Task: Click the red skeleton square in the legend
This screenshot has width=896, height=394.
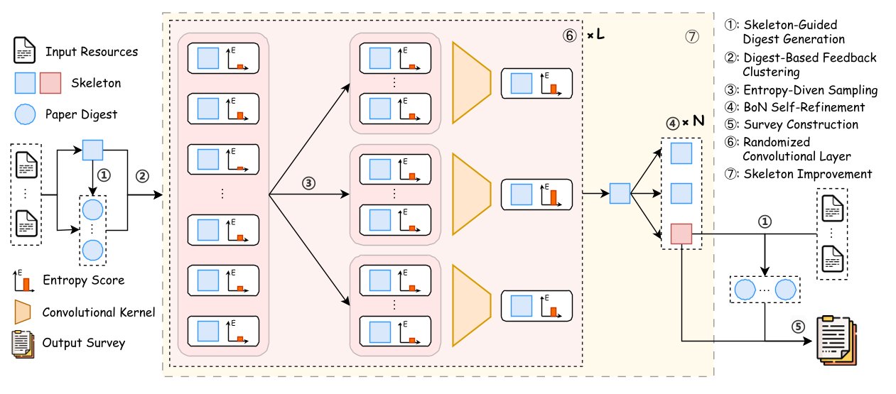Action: [51, 83]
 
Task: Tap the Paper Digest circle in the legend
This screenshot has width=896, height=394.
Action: [25, 114]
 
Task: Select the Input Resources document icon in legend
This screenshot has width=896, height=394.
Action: [25, 51]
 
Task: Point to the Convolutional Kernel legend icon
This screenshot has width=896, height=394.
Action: [23, 312]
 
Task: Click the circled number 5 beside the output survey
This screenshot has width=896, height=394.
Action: [798, 327]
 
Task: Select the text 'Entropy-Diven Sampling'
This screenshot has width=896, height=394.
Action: [811, 90]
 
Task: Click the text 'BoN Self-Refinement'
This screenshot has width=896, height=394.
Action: [804, 107]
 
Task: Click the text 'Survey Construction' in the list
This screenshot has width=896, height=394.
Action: [801, 124]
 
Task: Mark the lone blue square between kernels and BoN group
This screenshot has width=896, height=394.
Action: [620, 192]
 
